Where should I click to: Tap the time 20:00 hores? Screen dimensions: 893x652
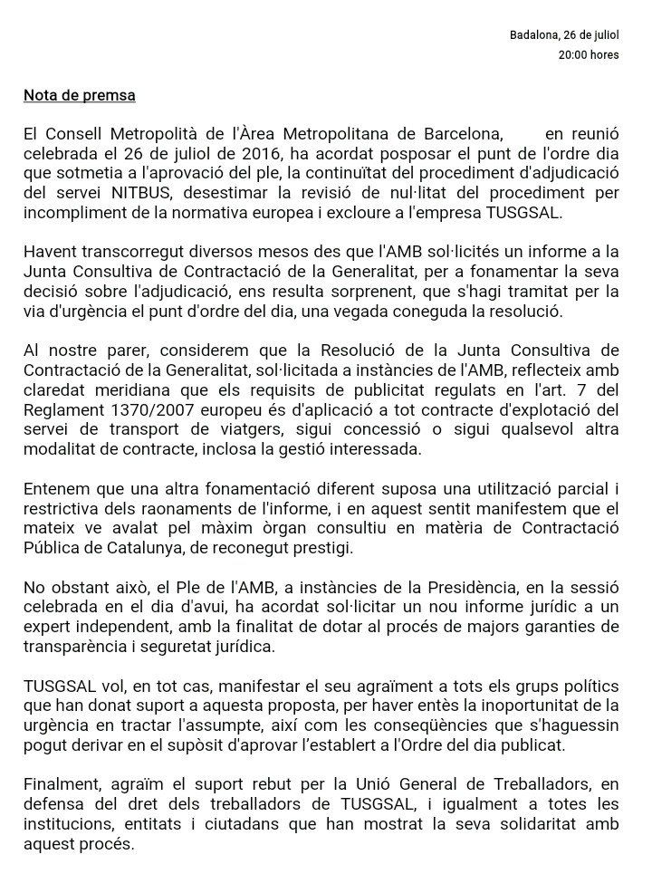(x=589, y=55)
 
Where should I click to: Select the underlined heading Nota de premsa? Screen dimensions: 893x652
(x=81, y=93)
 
